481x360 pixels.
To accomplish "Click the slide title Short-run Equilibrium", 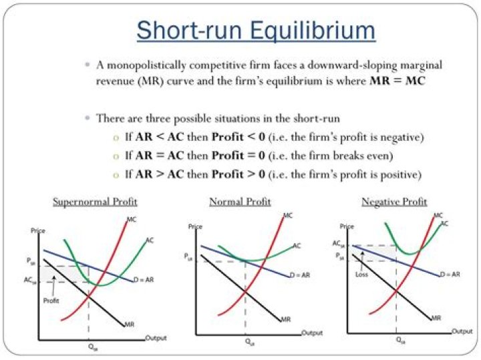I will coord(257,30).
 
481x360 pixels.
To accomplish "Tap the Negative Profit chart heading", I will coord(394,201).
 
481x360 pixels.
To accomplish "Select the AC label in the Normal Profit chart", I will coord(297,246).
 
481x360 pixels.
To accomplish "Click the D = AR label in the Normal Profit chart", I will coord(300,275).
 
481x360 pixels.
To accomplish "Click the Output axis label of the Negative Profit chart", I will coord(463,331).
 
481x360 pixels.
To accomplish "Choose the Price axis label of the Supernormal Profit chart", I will coord(37,230).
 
